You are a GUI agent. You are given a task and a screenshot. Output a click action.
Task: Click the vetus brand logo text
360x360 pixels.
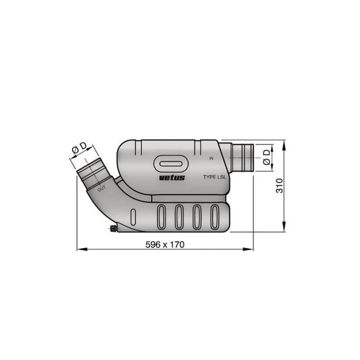point(172,177)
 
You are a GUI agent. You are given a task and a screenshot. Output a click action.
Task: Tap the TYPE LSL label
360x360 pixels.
point(215,177)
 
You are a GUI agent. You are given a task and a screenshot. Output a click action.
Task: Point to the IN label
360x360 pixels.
point(211,158)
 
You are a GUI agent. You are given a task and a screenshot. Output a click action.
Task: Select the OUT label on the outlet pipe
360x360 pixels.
point(102,189)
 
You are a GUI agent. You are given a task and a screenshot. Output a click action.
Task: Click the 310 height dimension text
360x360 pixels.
point(279,186)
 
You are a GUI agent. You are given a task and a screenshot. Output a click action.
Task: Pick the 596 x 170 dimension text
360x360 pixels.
point(165,245)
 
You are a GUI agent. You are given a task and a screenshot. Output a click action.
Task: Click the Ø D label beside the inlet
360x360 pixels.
point(266,157)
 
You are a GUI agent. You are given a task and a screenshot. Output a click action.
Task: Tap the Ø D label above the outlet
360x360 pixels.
point(79,148)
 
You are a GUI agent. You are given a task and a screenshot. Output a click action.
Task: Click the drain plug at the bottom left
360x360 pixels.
point(112,229)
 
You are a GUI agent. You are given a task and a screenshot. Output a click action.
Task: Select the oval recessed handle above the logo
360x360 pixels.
point(171,164)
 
